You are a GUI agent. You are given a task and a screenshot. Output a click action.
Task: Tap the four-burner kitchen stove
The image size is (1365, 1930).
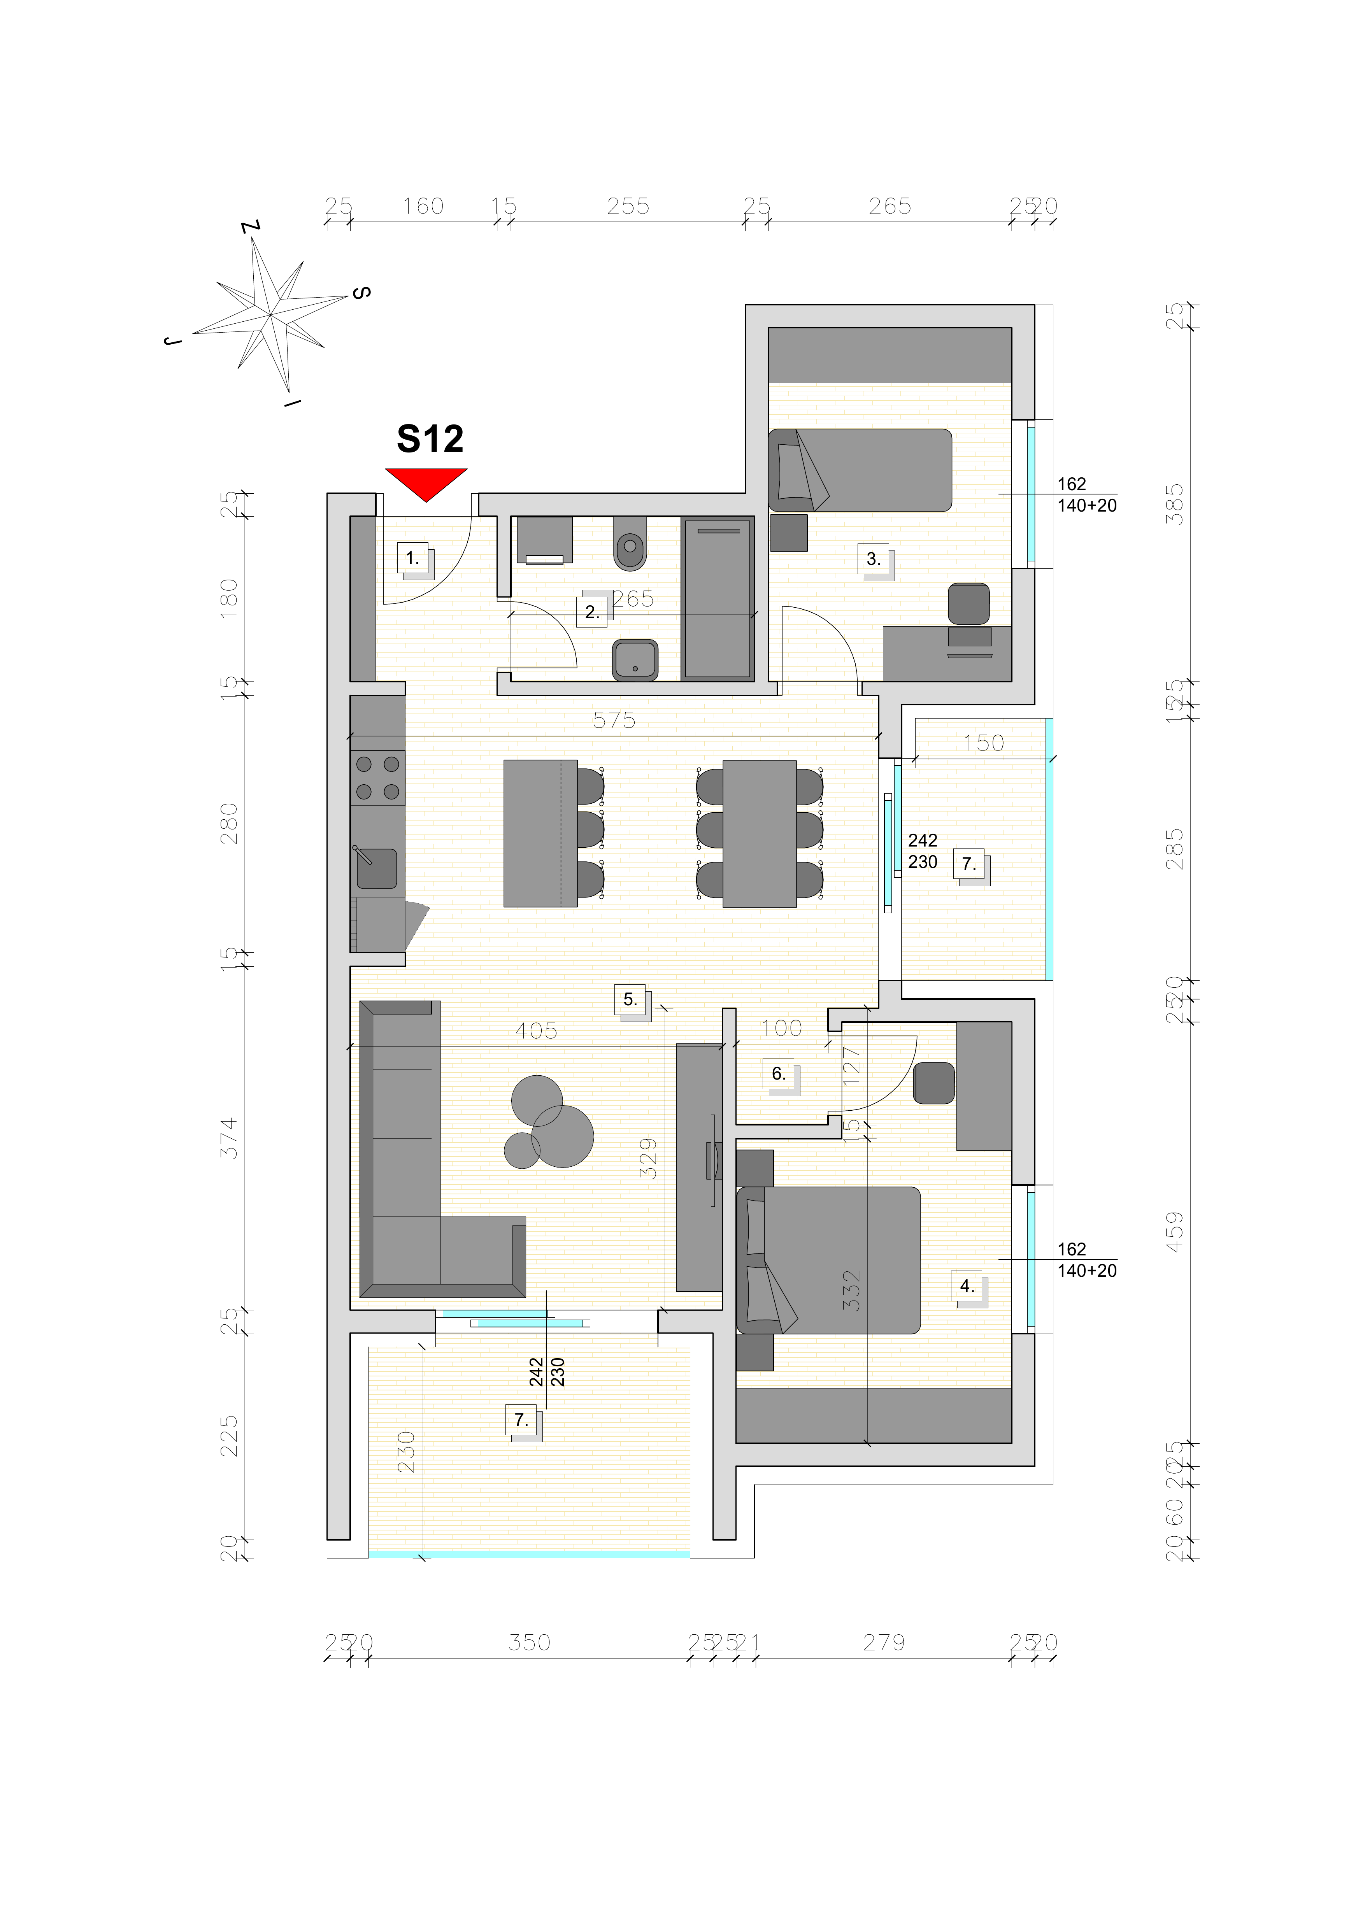coord(377,778)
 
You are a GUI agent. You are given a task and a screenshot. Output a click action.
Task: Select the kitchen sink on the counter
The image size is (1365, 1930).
coord(377,868)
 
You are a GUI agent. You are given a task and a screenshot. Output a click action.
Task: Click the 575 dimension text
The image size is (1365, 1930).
coord(614,720)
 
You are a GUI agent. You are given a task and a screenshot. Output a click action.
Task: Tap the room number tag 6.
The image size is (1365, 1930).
coord(778,1073)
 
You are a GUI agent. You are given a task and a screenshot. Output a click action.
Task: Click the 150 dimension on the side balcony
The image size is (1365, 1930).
coord(983,743)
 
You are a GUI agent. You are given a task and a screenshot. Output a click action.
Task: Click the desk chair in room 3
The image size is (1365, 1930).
coord(968,603)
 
